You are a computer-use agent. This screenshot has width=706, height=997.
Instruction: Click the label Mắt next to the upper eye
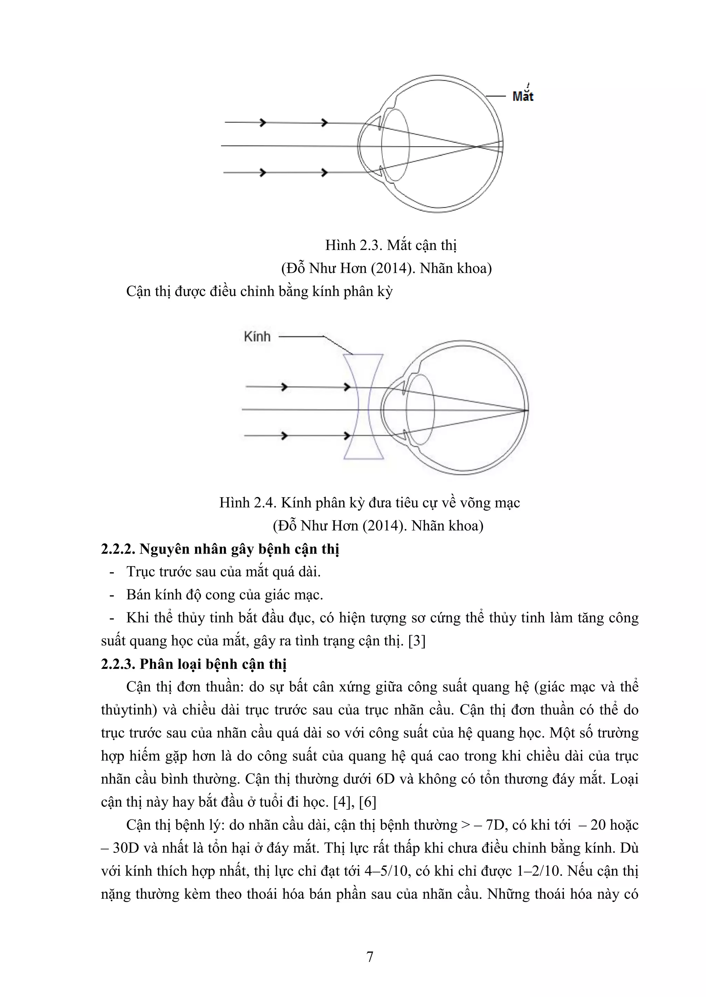(523, 96)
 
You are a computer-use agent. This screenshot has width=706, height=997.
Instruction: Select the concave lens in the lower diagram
(363, 407)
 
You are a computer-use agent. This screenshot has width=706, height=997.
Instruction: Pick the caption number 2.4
(264, 503)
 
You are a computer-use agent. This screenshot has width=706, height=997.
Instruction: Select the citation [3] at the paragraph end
(417, 641)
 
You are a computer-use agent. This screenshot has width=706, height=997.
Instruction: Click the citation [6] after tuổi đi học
(368, 801)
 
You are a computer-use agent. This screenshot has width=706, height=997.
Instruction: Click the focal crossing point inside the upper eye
(477, 146)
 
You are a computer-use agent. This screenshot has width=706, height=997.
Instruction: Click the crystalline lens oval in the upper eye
(396, 146)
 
